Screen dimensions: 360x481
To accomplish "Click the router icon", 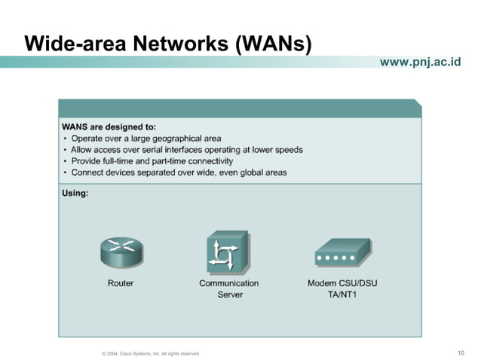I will pos(121,253).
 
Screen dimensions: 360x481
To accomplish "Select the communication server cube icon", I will pos(228,252).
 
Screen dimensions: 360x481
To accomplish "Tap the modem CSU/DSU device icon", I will pos(342,253).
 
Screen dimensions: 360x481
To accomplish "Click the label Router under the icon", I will pos(121,283).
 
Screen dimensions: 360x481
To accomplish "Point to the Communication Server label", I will pos(229,288).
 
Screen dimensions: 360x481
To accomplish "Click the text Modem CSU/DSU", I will pos(341,283).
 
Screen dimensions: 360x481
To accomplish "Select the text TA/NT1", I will pos(341,294).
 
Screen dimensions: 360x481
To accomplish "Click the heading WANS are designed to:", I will pos(109,127).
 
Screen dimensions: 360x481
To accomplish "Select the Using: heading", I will pos(75,194).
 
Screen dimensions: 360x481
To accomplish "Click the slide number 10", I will pos(461,352).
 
